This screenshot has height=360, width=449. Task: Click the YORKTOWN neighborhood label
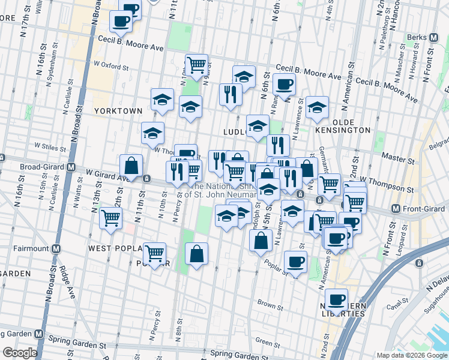coord(117,111)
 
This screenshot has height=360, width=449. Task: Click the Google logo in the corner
coord(19,353)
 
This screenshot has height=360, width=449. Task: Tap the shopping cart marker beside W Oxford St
coord(196,64)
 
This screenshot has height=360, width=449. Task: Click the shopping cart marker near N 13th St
coord(111,217)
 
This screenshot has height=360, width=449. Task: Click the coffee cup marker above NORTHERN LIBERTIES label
coord(337,299)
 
